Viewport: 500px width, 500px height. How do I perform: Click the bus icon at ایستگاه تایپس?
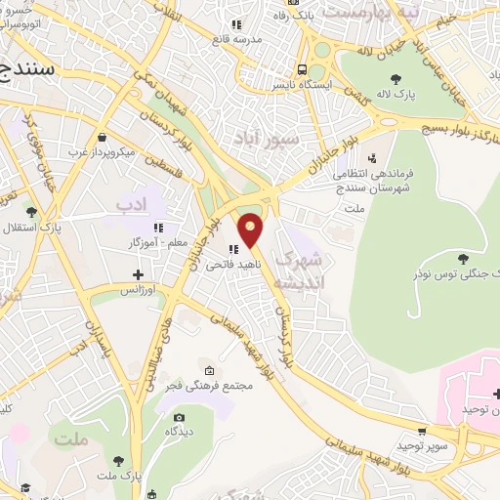click(303, 69)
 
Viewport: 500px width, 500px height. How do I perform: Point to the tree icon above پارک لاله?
click(395, 79)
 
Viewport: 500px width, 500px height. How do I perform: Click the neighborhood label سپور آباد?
click(266, 139)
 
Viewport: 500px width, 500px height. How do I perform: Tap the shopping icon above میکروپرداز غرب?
click(103, 138)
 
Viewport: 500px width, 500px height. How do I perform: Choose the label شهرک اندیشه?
click(297, 271)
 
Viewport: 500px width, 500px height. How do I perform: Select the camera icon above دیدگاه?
click(179, 417)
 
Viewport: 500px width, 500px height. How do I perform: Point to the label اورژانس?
click(139, 291)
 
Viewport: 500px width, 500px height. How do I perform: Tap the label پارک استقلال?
click(58, 228)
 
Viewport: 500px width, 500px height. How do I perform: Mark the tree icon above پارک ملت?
click(118, 459)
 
